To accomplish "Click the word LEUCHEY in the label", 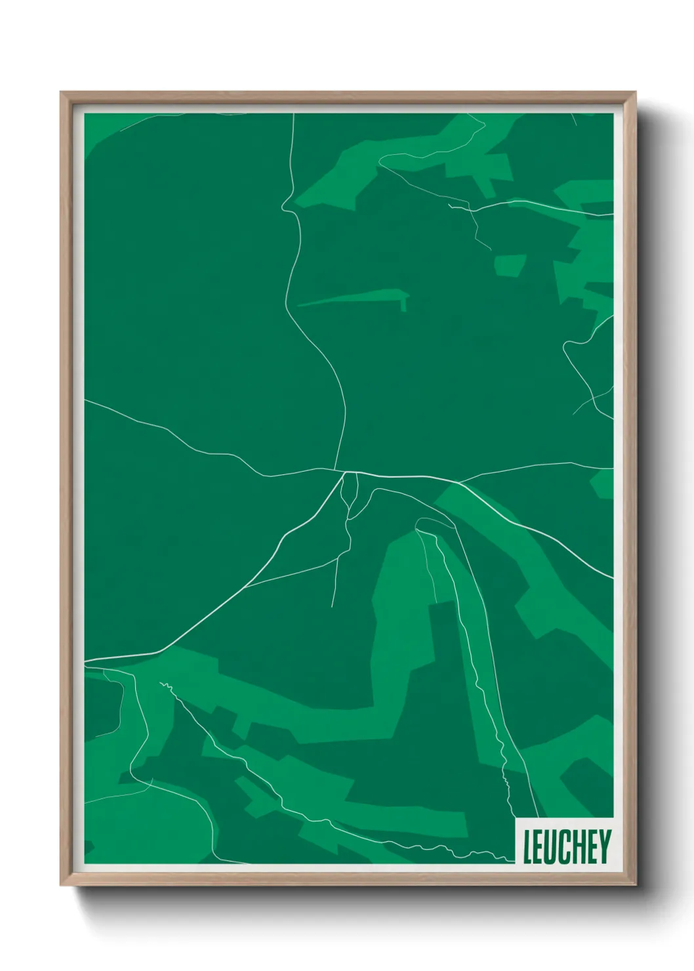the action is (x=567, y=846).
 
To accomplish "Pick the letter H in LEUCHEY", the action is (x=579, y=846).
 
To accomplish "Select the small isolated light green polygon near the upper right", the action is (x=510, y=265).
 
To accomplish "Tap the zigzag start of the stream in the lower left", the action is (x=164, y=686).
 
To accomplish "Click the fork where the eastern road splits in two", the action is (x=459, y=483).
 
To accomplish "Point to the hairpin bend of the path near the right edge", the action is (x=565, y=344).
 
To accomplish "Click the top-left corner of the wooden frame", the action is (x=61, y=93).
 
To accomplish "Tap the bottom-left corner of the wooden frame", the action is (x=61, y=885).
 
